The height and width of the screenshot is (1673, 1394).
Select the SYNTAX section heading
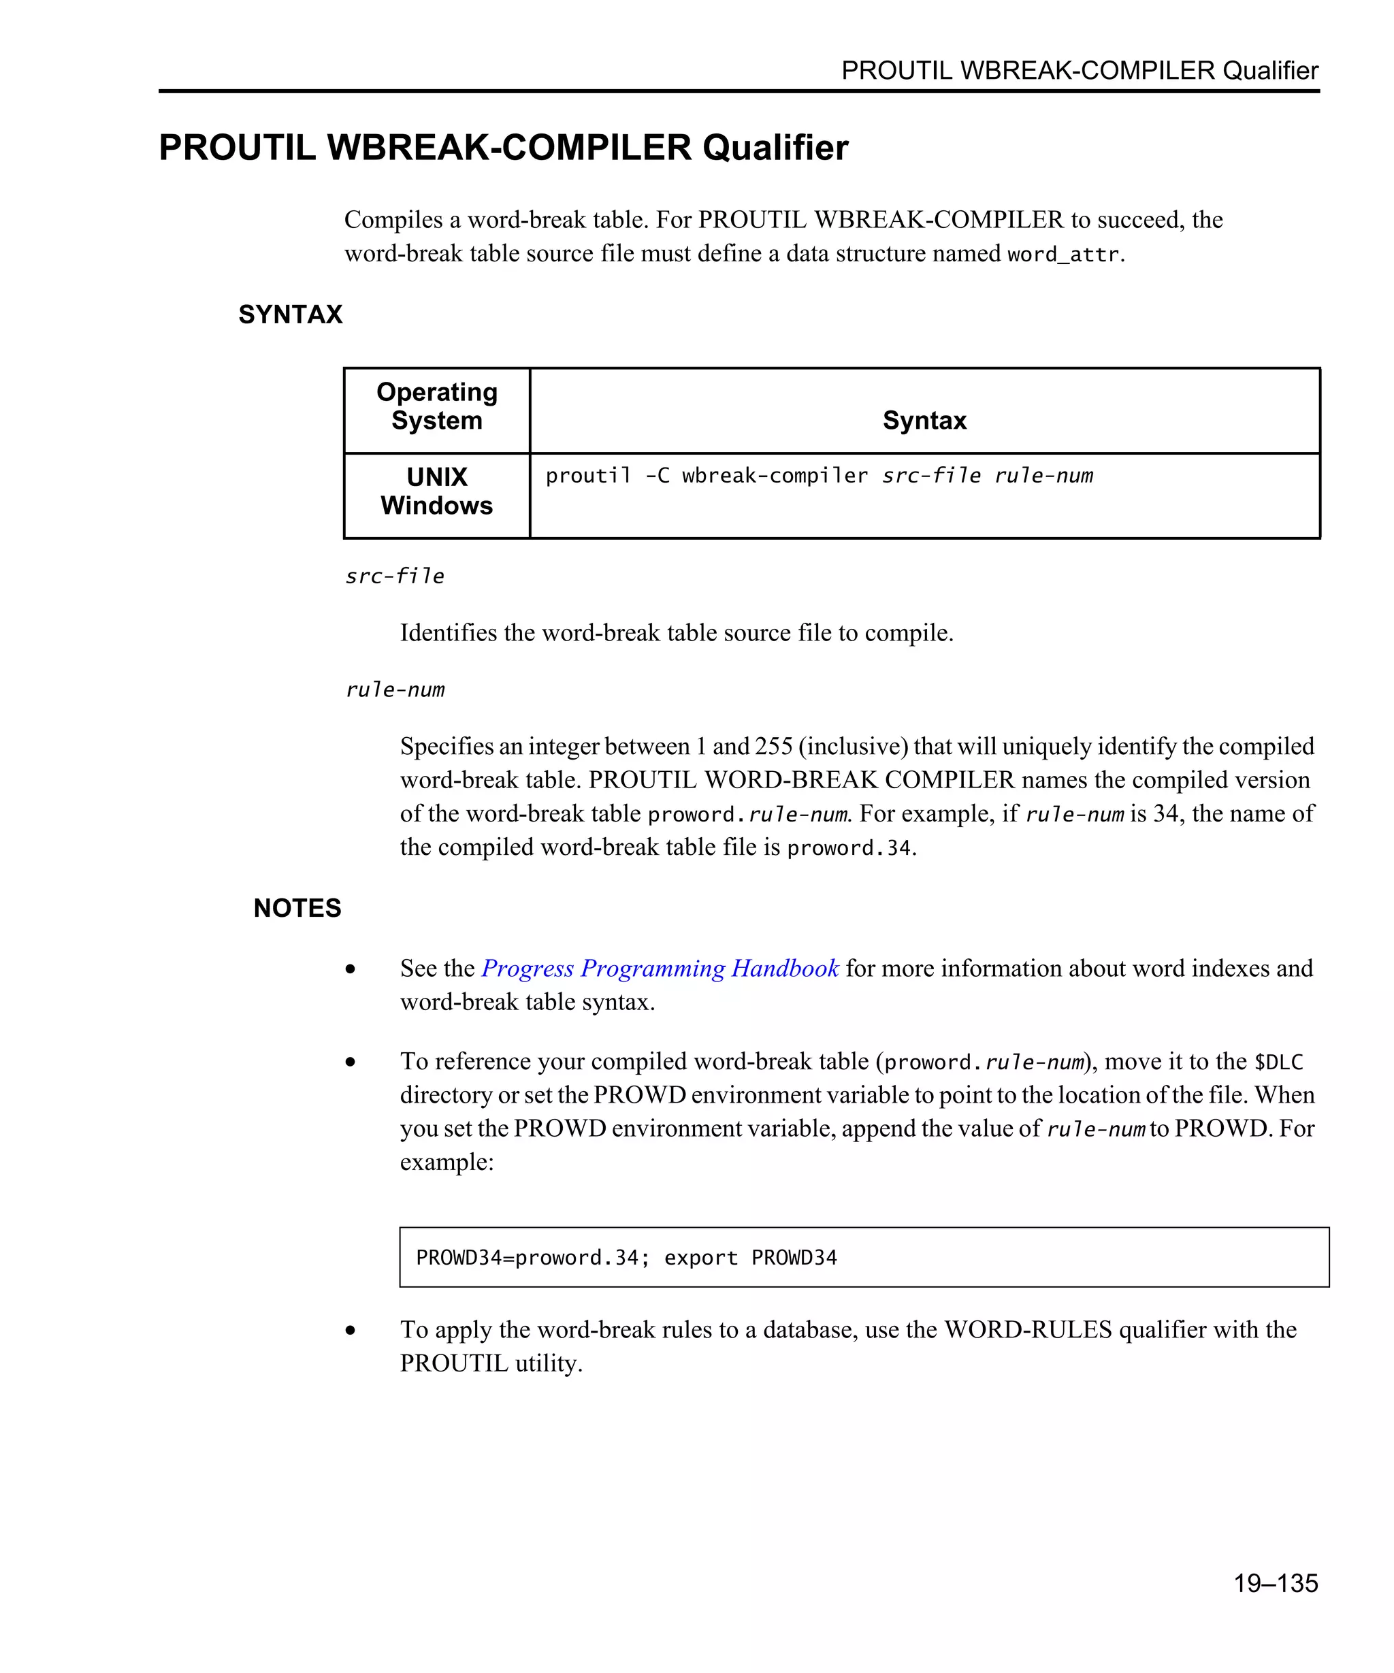pyautogui.click(x=290, y=314)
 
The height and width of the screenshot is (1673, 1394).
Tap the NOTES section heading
pyautogui.click(x=297, y=907)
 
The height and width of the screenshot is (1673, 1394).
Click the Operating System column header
pyautogui.click(x=436, y=406)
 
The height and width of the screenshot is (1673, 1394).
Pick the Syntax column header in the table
pyautogui.click(x=924, y=420)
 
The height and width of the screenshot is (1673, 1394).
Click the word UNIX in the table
pyautogui.click(x=436, y=476)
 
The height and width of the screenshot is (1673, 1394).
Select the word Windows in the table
pyautogui.click(x=436, y=505)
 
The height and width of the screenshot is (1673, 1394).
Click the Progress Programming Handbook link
pyautogui.click(x=660, y=968)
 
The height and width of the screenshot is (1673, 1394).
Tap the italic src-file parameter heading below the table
pyautogui.click(x=394, y=576)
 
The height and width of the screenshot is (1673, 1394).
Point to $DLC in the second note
pyautogui.click(x=1278, y=1062)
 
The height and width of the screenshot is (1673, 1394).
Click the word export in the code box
pyautogui.click(x=700, y=1257)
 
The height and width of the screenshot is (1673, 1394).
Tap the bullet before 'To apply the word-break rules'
pyautogui.click(x=351, y=1331)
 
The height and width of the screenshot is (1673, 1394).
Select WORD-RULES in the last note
pyautogui.click(x=1028, y=1330)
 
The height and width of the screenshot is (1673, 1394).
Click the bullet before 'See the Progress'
pyautogui.click(x=351, y=969)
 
